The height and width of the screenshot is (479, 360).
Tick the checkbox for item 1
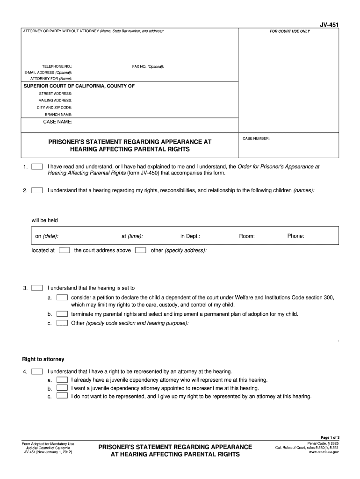pos(37,167)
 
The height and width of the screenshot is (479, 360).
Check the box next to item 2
pos(37,190)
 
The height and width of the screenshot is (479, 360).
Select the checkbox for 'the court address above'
pos(65,250)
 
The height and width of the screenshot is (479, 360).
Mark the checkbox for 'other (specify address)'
pos(140,250)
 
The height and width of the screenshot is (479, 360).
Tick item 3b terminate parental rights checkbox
pos(62,314)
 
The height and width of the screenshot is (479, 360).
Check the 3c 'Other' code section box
pos(62,323)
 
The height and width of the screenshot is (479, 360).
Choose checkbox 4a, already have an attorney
pos(62,380)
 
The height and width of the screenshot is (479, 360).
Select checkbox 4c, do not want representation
pos(62,396)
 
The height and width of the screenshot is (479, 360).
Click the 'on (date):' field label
pos(47,236)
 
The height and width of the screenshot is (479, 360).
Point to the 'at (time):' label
pos(132,236)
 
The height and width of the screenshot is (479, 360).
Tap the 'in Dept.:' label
pos(190,236)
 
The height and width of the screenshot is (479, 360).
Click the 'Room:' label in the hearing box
pos(247,236)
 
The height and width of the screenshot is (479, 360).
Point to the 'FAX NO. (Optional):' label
pos(148,66)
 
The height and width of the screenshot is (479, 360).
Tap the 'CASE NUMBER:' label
pos(256,139)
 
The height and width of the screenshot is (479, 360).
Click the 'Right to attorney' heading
pos(43,359)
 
